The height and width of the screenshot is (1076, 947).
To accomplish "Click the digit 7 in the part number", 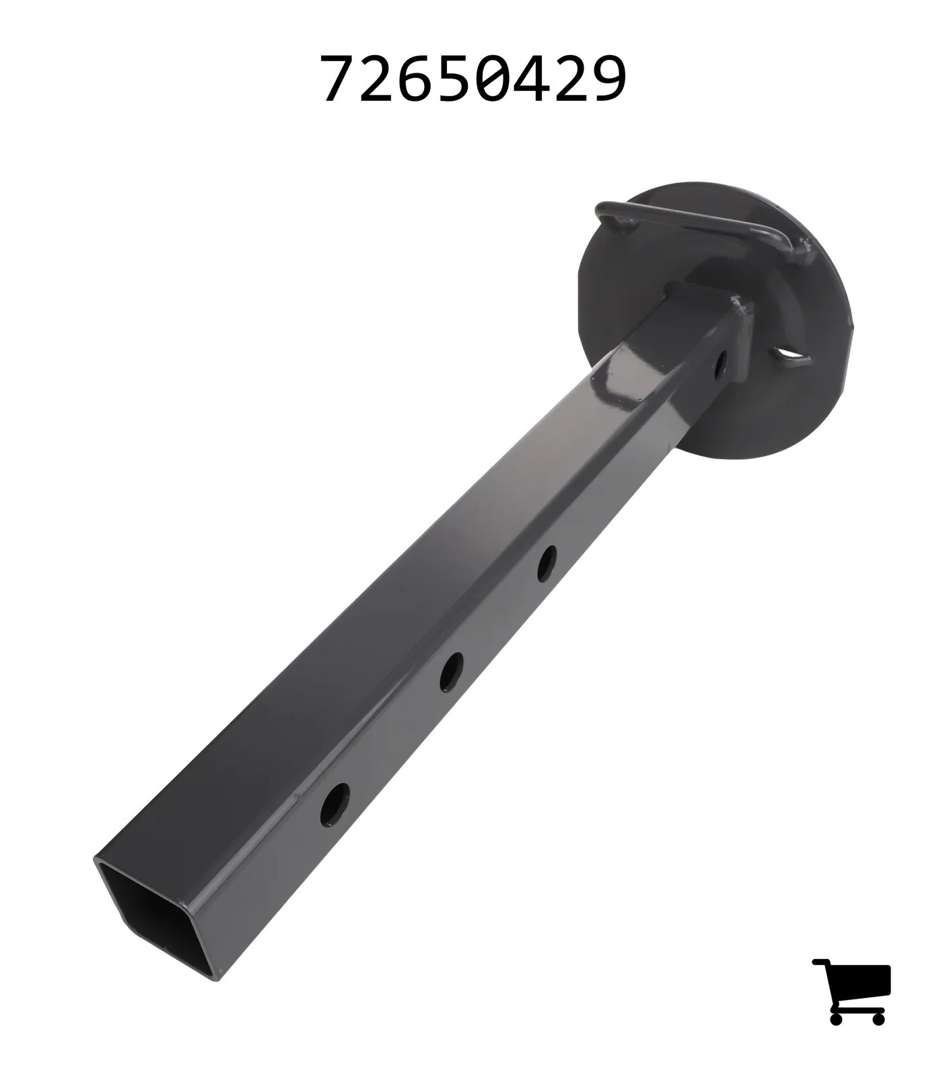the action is point(338,79).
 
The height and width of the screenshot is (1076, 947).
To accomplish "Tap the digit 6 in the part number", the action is point(416,79).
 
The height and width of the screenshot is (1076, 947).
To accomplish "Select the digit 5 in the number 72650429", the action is point(454,79).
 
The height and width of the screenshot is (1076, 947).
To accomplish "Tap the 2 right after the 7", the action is point(377,79).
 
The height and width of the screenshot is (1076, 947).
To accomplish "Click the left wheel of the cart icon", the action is point(837,1017).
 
